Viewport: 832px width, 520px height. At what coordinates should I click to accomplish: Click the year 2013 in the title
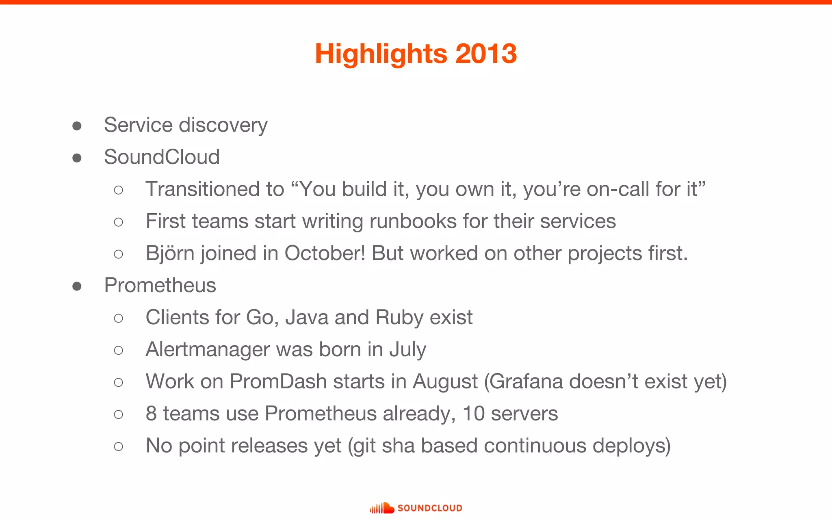486,54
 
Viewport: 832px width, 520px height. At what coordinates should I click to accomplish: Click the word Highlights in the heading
380,54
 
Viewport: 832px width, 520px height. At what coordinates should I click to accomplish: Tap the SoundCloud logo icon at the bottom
382,508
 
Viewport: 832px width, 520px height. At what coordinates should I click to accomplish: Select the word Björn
170,253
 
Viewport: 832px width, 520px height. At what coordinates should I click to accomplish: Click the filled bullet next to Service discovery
77,126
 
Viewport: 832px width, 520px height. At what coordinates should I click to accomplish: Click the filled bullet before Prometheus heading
77,286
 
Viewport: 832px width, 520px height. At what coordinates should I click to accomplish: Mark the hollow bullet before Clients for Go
119,318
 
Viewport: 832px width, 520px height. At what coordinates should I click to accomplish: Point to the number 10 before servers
474,414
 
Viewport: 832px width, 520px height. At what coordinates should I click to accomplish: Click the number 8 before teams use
151,414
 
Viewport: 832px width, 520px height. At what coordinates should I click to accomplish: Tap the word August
445,381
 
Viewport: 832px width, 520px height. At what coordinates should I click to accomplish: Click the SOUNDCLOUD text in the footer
430,508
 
